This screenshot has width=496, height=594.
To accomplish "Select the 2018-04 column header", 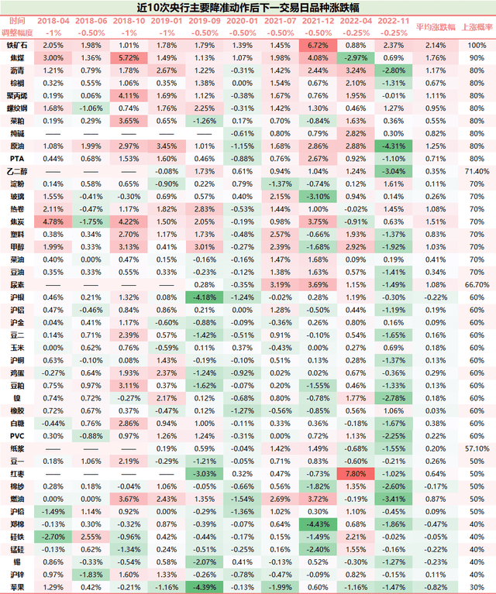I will [53, 22].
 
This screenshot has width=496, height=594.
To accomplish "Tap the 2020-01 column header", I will [243, 22].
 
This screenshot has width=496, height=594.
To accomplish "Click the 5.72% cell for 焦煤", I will [129, 57].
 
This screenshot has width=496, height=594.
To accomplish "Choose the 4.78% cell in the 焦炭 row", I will [53, 221].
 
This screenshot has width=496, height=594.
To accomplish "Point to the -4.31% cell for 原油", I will [394, 146].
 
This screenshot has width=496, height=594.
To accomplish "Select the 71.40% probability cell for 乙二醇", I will [475, 170].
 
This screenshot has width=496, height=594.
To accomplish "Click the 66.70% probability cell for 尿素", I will [475, 284].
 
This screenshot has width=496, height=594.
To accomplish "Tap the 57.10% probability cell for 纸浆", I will [475, 448].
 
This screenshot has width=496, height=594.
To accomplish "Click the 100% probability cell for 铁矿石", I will [475, 46].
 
